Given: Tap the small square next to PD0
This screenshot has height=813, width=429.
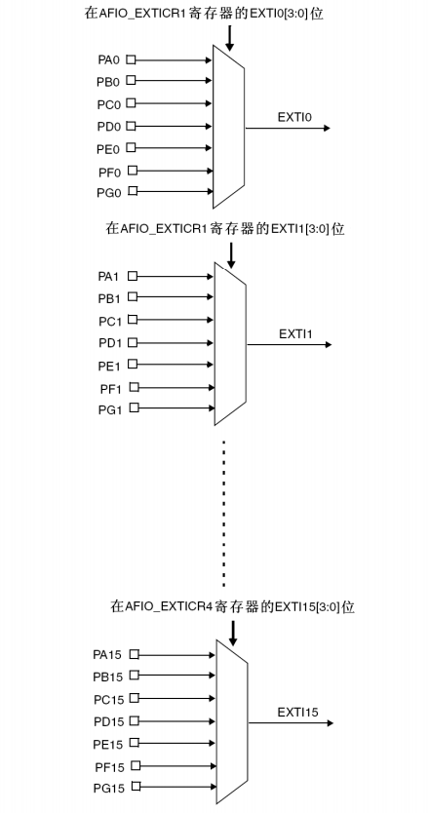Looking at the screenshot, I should coord(131,126).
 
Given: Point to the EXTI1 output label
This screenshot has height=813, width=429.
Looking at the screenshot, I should coord(293,333).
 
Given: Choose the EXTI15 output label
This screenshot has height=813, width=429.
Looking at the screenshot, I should coord(297,712).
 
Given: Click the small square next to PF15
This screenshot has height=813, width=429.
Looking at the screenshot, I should coord(135,765).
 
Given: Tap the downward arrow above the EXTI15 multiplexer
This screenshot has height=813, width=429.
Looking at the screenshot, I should coord(232,634).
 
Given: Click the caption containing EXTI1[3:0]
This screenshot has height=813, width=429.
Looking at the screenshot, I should coord(225,229).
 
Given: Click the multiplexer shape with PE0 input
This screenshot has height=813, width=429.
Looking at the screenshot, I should coord(228,127).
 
